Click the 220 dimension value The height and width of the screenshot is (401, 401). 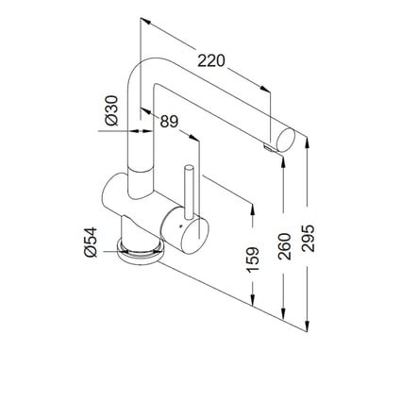coord(211,61)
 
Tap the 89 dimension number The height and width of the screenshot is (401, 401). coord(169,121)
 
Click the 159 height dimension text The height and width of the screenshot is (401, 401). coord(252,260)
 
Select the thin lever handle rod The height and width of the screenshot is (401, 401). coord(190,193)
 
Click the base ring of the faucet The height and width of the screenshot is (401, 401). coord(140,249)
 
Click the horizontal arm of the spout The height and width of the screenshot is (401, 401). coord(217,104)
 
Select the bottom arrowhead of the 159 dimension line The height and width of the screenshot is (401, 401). coord(252,300)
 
